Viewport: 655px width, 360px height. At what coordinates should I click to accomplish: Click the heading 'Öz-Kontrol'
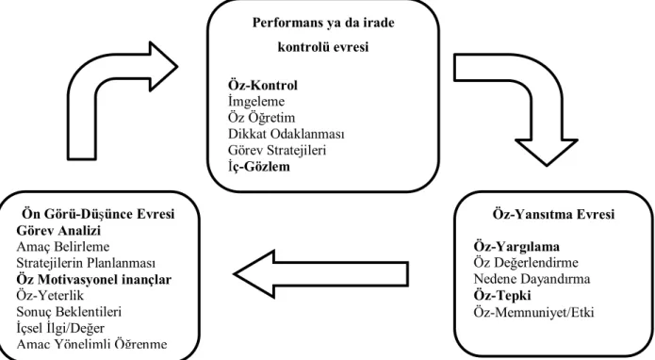263,85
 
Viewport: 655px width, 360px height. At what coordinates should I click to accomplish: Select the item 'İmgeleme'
256,102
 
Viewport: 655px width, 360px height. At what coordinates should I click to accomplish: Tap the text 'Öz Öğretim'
261,118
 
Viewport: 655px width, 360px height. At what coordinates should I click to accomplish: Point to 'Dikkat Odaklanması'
287,134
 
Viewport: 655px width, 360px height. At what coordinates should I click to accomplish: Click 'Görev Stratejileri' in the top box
277,151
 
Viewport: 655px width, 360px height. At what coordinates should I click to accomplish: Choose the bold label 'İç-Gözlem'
259,167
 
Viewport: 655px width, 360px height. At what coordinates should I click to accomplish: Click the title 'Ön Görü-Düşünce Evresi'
98,214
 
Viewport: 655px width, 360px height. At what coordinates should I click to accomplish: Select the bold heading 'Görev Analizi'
58,231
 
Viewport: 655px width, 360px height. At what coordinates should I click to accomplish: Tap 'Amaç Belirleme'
63,247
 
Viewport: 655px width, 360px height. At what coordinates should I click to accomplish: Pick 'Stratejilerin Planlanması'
86,263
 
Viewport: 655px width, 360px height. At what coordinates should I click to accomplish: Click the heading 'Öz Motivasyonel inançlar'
94,279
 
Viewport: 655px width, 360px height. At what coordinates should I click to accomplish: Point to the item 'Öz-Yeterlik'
50,296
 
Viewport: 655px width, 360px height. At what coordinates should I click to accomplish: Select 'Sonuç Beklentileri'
69,312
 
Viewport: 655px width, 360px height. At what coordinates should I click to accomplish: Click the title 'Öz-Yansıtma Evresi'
553,214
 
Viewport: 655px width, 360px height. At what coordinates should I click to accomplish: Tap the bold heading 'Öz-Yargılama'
516,246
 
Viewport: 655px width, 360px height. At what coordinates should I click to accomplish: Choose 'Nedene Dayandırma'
532,279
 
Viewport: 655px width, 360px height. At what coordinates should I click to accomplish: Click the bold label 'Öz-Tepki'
502,296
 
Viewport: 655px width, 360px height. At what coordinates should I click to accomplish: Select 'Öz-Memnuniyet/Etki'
533,312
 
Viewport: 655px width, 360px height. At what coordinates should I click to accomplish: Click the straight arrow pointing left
320,274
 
